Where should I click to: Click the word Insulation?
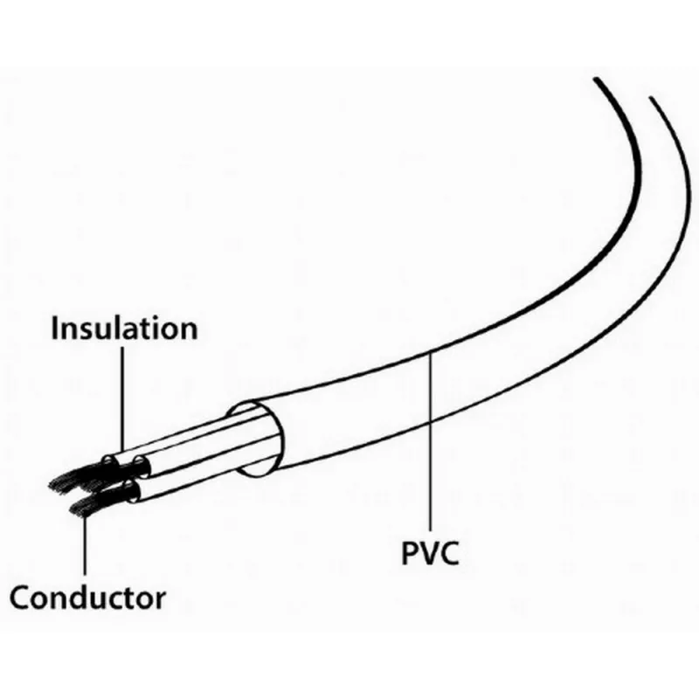pos(124,328)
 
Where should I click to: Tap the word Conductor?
pos(88,598)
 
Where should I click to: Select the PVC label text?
pos(430,553)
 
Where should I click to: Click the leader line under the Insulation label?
pos(122,400)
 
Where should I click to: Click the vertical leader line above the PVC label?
pos(431,440)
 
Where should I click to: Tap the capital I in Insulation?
pos(54,328)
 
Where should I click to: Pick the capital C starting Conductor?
pos(19,598)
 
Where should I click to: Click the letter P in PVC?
pos(410,553)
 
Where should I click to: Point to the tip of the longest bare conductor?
pos(50,486)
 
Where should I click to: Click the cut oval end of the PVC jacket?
pos(255,439)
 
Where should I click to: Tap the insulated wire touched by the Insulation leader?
pos(178,435)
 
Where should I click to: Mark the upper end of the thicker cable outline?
pos(595,79)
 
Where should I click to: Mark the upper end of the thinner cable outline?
pos(651,97)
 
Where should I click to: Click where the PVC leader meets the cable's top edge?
pos(431,353)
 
